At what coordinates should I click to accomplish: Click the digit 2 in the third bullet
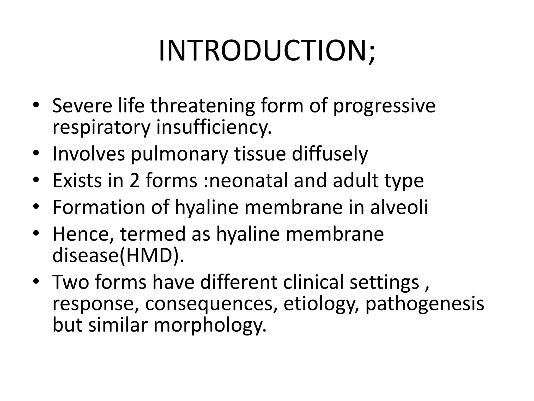click(135, 180)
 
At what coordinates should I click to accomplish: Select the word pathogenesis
click(424, 304)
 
